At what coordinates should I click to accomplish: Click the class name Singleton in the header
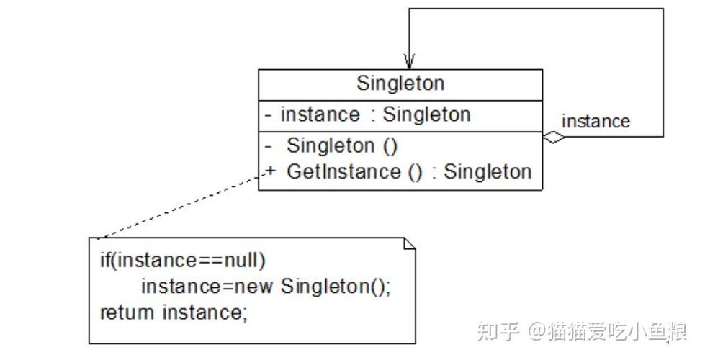pyautogui.click(x=400, y=84)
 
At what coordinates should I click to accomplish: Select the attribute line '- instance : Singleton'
pyautogui.click(x=367, y=114)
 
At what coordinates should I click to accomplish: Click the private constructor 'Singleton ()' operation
pyautogui.click(x=342, y=145)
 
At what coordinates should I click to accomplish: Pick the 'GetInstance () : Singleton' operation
pyautogui.click(x=408, y=171)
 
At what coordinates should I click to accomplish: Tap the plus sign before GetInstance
pyautogui.click(x=270, y=171)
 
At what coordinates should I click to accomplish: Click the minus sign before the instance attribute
pyautogui.click(x=268, y=114)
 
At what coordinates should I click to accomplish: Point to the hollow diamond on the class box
pyautogui.click(x=554, y=138)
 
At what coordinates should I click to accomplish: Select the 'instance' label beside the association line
pyautogui.click(x=595, y=121)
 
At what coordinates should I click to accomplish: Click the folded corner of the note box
pyautogui.click(x=409, y=243)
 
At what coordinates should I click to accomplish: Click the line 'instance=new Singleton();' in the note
pyautogui.click(x=266, y=286)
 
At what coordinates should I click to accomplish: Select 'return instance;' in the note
pyautogui.click(x=173, y=312)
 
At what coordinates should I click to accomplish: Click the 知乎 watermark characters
pyautogui.click(x=499, y=332)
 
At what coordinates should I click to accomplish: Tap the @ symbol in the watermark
pyautogui.click(x=537, y=332)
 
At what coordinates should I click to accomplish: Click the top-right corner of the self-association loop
pyautogui.click(x=663, y=9)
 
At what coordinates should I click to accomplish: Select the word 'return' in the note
pyautogui.click(x=127, y=312)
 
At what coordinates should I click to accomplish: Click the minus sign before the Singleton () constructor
pyautogui.click(x=268, y=145)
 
